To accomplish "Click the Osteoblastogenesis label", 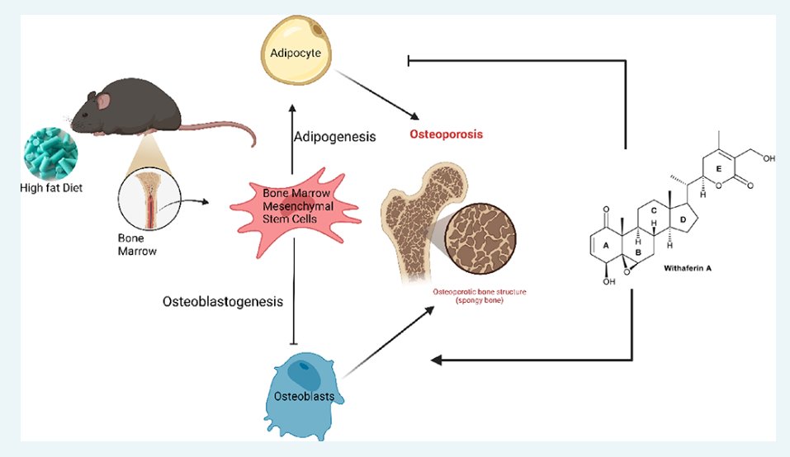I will (x=223, y=302).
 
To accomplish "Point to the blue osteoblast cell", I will (x=305, y=388).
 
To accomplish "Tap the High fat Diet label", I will (x=54, y=186).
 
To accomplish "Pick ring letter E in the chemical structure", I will (x=719, y=169).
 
